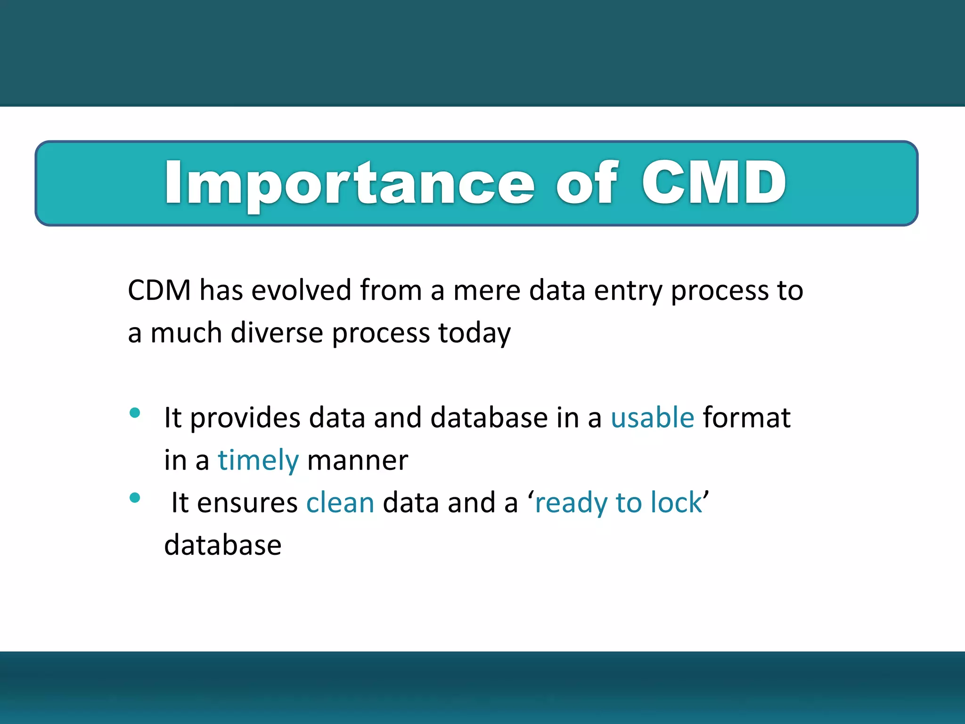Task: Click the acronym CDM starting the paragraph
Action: [x=159, y=290]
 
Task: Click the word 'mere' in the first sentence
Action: [x=486, y=290]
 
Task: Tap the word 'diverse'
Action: [x=277, y=333]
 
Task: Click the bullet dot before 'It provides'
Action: [x=135, y=413]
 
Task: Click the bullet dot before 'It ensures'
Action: [x=135, y=498]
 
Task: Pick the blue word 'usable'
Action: [x=652, y=418]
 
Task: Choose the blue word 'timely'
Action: [x=258, y=461]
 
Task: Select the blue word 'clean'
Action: [x=340, y=502]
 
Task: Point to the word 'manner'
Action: [x=357, y=461]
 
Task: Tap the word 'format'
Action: [x=746, y=418]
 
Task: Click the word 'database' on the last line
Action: [x=222, y=545]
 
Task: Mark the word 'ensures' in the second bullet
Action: [x=247, y=502]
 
